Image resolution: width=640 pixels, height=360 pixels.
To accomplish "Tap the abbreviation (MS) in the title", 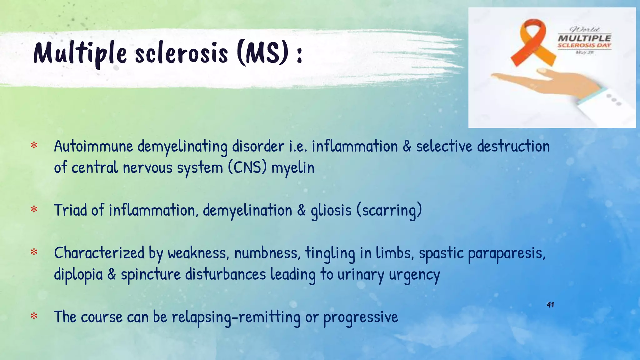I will (262, 53).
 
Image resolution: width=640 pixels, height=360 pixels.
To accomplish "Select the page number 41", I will (550, 305).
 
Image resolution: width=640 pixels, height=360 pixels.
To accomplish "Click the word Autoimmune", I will (93, 146).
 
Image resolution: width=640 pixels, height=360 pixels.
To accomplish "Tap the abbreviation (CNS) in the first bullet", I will (247, 167).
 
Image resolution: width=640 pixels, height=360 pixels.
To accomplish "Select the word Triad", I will (70, 210).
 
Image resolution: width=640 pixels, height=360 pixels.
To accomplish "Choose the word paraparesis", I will (506, 253).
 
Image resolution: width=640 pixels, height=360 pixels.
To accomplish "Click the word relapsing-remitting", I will (236, 317).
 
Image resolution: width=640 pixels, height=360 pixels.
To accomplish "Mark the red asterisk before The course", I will (34, 317).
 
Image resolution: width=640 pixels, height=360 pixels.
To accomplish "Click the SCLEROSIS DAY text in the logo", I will (584, 45).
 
